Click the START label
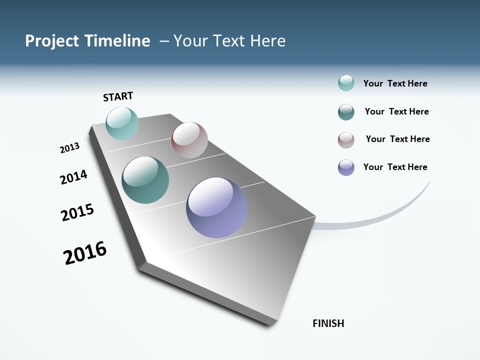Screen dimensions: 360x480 (x=118, y=96)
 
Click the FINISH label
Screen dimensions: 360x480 (x=328, y=323)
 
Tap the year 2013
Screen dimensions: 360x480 (x=69, y=148)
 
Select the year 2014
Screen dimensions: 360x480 (x=73, y=177)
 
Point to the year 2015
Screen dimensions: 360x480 (x=77, y=212)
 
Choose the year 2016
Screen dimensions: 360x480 (x=85, y=253)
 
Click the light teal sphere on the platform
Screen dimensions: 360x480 (x=122, y=123)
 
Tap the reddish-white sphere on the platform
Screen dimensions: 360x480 (x=189, y=140)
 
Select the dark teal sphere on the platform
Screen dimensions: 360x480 (x=145, y=180)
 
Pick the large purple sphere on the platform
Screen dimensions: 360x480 (x=216, y=207)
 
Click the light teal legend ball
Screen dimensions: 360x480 (x=346, y=83)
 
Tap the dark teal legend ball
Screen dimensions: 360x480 (x=346, y=112)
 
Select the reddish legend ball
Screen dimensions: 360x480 (x=346, y=140)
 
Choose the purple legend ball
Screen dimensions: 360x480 (x=346, y=167)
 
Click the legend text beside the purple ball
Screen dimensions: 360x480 (x=395, y=167)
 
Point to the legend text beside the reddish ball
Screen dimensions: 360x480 (x=397, y=139)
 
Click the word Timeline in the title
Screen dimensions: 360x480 (x=117, y=41)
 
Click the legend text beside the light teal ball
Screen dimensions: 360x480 (x=395, y=83)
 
